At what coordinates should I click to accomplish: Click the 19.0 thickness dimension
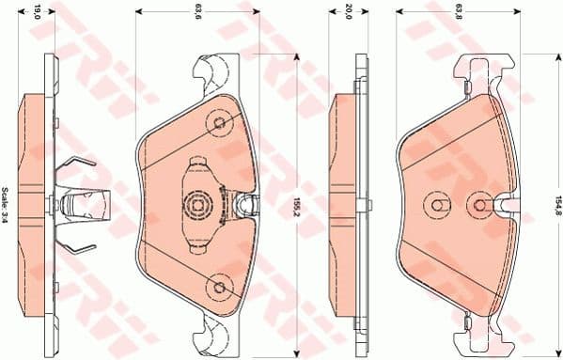pyautogui.click(x=38, y=12)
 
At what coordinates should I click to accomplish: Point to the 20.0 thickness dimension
pyautogui.click(x=348, y=12)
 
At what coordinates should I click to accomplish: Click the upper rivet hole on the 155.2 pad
pyautogui.click(x=220, y=122)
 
